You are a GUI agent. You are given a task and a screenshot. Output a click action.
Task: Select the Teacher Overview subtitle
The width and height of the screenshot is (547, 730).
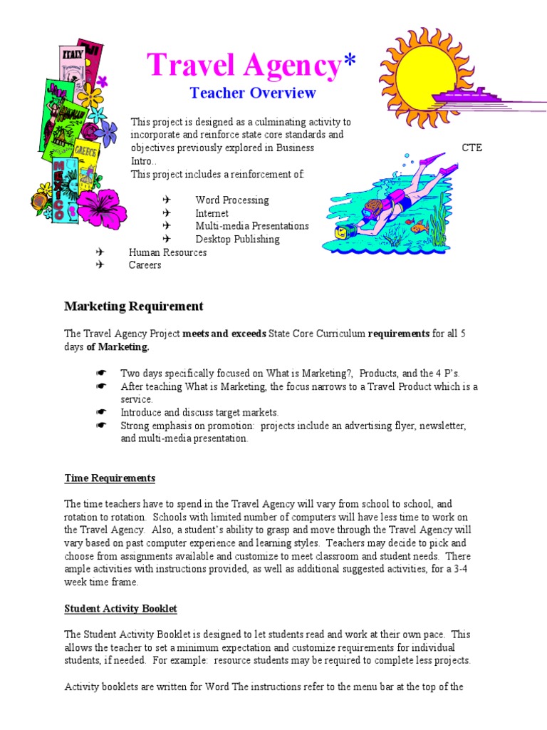[252, 93]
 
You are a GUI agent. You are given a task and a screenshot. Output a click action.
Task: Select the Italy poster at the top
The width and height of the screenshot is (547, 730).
[72, 54]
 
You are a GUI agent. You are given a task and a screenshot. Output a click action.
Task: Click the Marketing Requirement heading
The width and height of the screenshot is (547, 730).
[134, 307]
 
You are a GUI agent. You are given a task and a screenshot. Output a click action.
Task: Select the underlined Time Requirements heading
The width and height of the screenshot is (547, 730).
[110, 478]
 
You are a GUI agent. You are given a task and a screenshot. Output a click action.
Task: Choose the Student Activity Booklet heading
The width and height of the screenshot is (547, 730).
[120, 609]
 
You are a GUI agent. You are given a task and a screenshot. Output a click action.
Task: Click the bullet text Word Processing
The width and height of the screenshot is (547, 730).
[232, 200]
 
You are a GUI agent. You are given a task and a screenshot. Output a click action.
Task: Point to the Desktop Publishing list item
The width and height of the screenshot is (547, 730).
[237, 240]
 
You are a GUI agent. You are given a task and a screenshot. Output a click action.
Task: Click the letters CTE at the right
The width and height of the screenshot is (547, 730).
[472, 148]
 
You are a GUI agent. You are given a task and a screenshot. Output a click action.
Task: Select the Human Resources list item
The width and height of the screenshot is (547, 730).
[167, 252]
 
